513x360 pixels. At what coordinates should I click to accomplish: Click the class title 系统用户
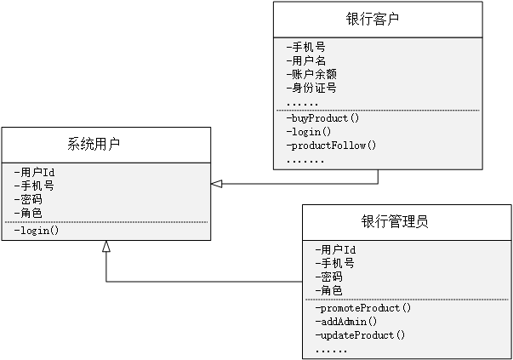tap(94, 145)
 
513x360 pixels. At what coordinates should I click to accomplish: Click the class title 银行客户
tap(374, 19)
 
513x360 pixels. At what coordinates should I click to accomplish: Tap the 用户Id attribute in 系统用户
tap(35, 172)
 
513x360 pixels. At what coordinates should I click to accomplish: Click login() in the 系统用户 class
tap(37, 231)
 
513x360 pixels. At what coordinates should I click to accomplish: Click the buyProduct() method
tap(323, 118)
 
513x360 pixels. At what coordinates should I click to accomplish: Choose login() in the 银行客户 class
tap(309, 132)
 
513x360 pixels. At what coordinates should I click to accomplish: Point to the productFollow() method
tap(332, 146)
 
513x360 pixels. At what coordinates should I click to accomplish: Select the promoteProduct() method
tap(363, 308)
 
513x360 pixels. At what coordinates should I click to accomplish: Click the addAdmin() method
tap(346, 322)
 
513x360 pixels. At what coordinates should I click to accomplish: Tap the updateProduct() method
tap(360, 335)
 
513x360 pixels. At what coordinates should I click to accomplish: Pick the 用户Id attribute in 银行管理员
tap(335, 250)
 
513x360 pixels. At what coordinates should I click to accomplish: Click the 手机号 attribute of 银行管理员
tap(335, 264)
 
